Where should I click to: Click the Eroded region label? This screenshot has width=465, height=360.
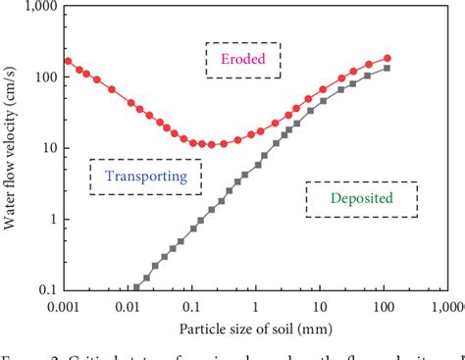click(242, 59)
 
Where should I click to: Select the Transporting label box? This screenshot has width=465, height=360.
click(145, 177)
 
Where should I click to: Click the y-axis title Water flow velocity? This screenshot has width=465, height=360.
click(12, 146)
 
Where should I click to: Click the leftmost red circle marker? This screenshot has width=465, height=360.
click(69, 61)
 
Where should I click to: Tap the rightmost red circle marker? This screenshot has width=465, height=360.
click(387, 58)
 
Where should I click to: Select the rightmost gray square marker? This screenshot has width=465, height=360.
click(387, 68)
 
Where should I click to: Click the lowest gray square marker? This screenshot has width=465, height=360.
click(136, 288)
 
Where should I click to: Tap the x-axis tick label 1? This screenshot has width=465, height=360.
click(255, 306)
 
